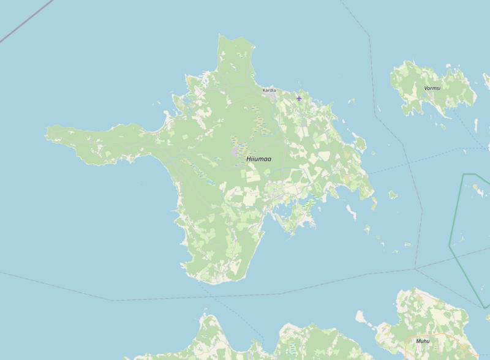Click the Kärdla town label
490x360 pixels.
269,90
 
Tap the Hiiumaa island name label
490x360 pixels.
258,159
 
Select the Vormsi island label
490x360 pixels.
432,88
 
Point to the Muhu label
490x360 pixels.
423,341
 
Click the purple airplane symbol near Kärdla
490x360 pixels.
299,98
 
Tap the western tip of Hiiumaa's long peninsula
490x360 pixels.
47,130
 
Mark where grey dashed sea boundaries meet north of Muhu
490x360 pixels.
415,268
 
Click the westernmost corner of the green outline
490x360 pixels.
450,247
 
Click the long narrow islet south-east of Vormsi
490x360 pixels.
442,127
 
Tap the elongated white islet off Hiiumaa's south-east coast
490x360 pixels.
352,212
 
